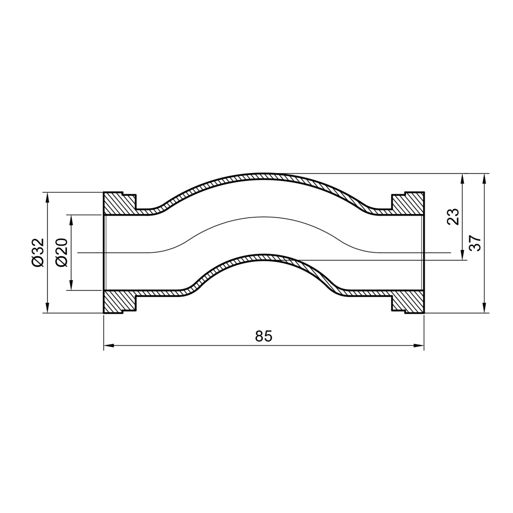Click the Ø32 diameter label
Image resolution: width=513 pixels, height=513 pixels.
[x=37, y=252]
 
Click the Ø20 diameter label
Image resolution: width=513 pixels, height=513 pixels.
[x=62, y=252]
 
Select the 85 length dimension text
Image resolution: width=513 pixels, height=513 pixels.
[x=263, y=336]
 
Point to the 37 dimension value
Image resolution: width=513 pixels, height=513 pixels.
[x=475, y=243]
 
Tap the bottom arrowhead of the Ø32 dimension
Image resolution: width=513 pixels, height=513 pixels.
[x=47, y=308]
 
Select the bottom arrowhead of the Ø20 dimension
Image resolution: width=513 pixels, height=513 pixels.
[x=71, y=285]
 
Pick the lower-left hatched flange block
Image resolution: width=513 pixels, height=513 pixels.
[x=118, y=302]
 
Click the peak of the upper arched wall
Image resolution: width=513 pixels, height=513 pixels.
[x=263, y=176]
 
